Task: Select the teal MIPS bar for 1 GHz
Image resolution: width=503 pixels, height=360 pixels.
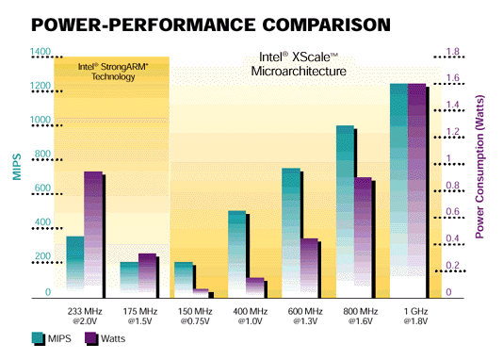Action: pos(398,188)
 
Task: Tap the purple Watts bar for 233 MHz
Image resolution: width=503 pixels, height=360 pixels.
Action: pos(92,231)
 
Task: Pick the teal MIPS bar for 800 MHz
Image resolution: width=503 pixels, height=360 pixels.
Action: pos(345,207)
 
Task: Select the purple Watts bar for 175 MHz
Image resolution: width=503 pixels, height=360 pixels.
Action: pos(147,271)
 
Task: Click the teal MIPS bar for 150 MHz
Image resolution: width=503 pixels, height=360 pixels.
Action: pos(184,277)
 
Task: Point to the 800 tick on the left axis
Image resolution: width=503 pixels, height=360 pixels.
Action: pos(42,155)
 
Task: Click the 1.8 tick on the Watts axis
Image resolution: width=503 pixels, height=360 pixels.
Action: pos(451,53)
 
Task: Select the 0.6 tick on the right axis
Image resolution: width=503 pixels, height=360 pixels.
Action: pos(451,212)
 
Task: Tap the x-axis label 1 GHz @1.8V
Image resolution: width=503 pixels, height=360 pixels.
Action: pos(414,316)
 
